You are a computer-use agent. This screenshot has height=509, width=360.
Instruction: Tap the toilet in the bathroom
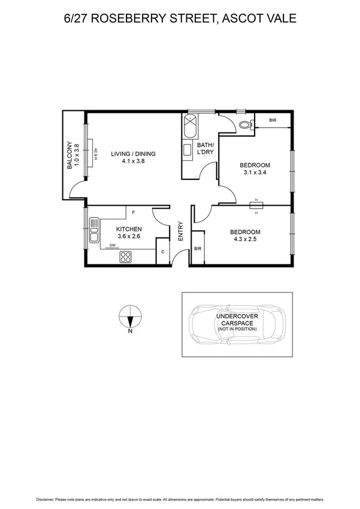(244, 125)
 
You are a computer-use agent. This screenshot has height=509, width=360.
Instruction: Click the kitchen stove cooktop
(126, 257)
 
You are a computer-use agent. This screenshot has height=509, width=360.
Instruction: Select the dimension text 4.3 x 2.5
(246, 241)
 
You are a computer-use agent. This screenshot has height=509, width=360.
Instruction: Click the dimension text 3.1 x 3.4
(255, 173)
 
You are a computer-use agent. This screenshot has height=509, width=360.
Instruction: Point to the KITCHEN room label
(128, 229)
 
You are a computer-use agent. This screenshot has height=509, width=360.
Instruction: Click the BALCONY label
(70, 155)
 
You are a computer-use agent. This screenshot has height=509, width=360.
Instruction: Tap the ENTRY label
(180, 232)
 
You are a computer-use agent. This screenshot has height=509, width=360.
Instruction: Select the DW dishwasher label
(113, 245)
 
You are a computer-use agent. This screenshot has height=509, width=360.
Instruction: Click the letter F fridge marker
(132, 213)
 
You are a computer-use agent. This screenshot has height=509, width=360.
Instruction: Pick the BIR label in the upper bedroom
(273, 121)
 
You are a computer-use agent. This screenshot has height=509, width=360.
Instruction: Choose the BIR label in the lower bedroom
(197, 248)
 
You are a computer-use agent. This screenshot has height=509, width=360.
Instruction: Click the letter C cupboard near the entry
(163, 252)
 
